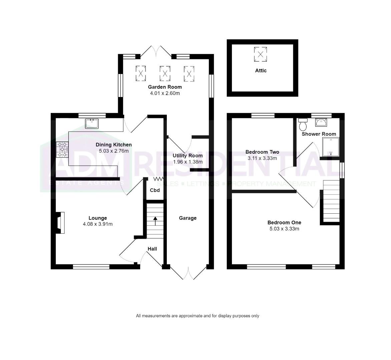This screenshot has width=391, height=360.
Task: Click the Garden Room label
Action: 165,87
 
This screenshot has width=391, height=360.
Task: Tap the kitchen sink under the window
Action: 92,124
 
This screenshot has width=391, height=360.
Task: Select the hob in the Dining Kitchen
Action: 62,149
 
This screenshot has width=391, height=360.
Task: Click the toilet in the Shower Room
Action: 303,124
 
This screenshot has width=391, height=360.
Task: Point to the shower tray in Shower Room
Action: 331,147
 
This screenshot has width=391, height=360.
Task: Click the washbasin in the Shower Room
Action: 322,122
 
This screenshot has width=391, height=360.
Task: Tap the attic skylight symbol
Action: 260,54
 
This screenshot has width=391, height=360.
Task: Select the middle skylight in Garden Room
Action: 165,73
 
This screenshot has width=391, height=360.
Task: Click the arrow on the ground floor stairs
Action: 155,221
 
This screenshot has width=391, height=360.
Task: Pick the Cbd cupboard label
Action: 155,190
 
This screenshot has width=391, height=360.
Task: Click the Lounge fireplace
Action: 60,223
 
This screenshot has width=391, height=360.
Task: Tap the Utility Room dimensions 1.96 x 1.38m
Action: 188,162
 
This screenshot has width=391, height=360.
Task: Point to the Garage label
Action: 188,218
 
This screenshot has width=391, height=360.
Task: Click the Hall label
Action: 152,249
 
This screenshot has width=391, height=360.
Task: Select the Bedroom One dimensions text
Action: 284,229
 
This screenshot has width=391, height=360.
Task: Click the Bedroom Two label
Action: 262,152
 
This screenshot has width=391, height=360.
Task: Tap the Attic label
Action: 261,71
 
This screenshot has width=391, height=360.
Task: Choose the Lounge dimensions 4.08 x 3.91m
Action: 98,224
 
